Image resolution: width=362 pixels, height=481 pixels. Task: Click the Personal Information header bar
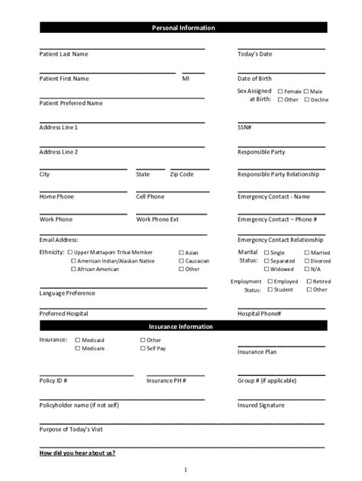[183, 28]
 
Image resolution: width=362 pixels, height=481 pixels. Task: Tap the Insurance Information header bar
[183, 326]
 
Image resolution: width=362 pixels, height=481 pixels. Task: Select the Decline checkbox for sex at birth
[307, 100]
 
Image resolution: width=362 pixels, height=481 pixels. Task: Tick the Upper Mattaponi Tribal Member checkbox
[70, 253]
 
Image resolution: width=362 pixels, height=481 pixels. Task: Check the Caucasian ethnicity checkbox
[181, 261]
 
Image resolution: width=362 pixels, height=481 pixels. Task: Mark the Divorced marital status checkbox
[307, 261]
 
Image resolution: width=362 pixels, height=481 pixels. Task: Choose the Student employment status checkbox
[270, 290]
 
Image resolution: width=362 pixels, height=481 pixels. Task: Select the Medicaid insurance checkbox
[77, 340]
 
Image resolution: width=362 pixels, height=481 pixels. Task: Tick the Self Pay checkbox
[143, 348]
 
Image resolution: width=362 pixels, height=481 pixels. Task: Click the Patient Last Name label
[63, 54]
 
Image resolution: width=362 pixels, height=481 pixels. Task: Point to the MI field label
[186, 79]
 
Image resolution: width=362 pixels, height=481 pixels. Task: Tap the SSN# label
[244, 128]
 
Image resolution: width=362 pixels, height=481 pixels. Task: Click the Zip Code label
[182, 175]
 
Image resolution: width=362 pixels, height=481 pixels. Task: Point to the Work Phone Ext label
[157, 220]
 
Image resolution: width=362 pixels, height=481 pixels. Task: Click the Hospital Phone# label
[260, 314]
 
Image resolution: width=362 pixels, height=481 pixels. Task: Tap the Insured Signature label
[261, 405]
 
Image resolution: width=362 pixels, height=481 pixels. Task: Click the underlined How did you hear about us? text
[77, 454]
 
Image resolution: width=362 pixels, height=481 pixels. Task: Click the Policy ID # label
[53, 380]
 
